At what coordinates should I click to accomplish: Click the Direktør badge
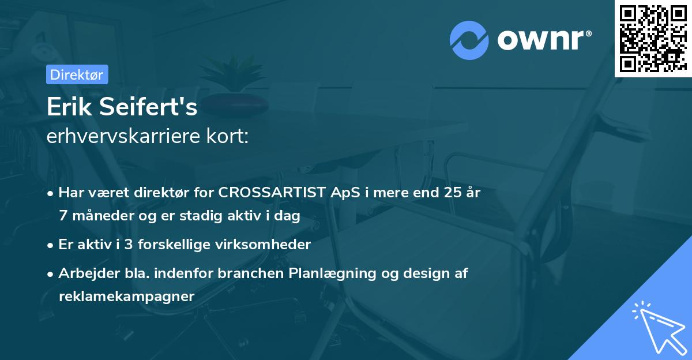(x=76, y=74)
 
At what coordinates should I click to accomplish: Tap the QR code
(x=653, y=38)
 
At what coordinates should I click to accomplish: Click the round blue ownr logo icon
(x=469, y=40)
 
